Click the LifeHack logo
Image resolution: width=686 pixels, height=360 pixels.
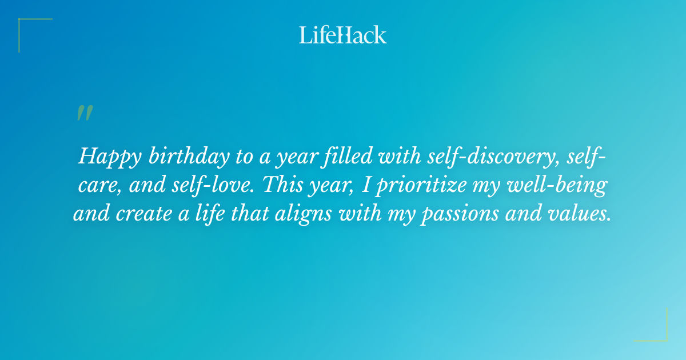(343, 35)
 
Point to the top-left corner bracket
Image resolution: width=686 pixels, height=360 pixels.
(34, 34)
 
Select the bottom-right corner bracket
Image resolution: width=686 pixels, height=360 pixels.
(651, 325)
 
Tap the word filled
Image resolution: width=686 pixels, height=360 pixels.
(340, 156)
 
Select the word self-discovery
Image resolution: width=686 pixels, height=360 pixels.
(492, 157)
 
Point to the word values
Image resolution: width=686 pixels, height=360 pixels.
(585, 214)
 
